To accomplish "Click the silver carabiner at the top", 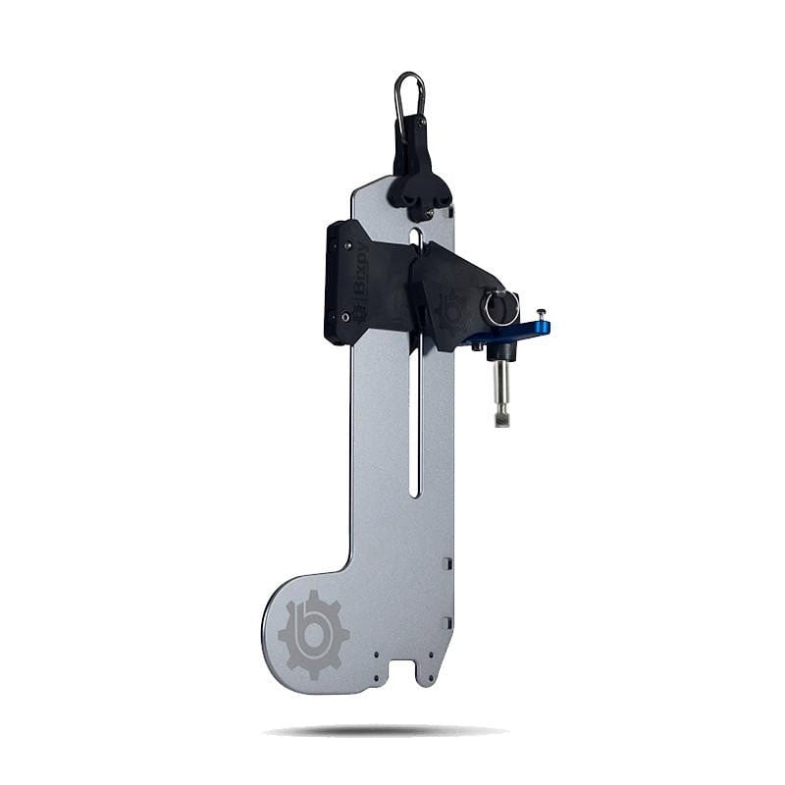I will pos(410,94).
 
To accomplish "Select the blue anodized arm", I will pos(520,332).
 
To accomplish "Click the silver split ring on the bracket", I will pos(498,308).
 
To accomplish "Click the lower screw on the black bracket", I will pos(344,316).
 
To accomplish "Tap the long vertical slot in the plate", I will pos(415,422).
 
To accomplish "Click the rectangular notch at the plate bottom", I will pos(402,669).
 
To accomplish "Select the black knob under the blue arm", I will pos(500,351).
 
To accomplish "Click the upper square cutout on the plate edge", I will pos(446,564).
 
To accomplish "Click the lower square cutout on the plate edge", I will pos(446,622).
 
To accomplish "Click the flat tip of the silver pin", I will pos(501,422).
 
